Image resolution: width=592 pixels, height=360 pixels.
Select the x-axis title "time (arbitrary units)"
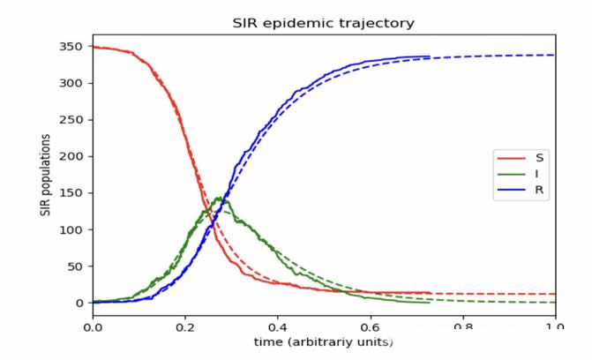(323, 341)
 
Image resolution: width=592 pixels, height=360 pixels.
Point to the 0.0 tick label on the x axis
(93, 324)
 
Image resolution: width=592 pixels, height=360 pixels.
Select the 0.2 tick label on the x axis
(185, 324)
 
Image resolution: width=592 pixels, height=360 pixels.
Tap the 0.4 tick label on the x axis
(277, 324)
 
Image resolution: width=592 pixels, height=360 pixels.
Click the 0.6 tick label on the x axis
(370, 324)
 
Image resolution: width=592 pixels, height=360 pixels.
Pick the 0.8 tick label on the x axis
(461, 324)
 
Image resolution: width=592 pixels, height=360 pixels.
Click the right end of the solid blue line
(429, 56)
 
